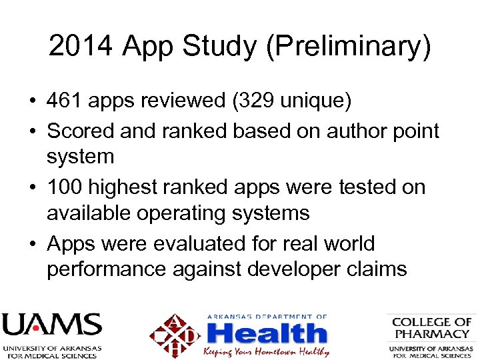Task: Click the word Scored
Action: pos(81,131)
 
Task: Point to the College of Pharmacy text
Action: pos(431,327)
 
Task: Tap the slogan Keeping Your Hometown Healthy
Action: pos(266,351)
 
